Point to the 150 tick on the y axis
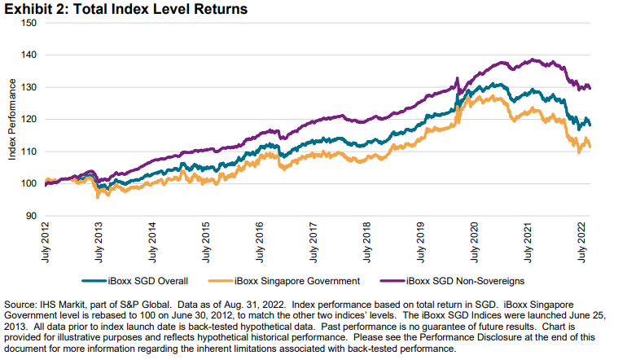[30, 23]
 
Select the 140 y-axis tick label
[30, 55]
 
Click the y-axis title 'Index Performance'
[12, 119]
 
